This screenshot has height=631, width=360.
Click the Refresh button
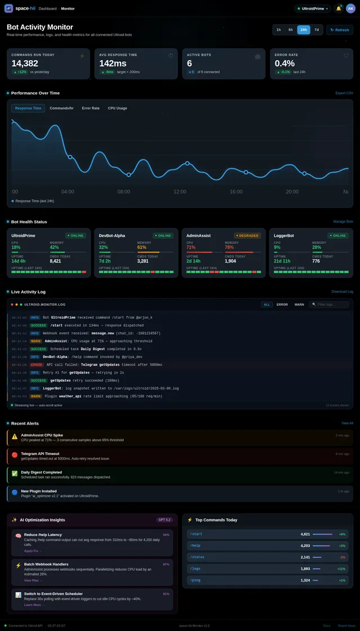[340, 30]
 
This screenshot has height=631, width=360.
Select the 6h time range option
[291, 30]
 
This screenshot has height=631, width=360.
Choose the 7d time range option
[317, 30]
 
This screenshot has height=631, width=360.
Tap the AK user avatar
[350, 8]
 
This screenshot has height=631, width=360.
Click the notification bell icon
[338, 8]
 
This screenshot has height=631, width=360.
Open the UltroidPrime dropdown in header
[313, 8]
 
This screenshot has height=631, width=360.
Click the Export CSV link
[344, 93]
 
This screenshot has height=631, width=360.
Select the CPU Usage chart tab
[118, 108]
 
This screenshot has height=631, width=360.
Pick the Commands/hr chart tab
[61, 108]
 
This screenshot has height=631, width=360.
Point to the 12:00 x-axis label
[179, 192]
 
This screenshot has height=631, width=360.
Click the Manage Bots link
[343, 222]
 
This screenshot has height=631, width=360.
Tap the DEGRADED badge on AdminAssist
[247, 236]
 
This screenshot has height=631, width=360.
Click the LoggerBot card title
[284, 236]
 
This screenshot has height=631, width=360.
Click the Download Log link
[343, 291]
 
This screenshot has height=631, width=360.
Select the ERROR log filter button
[282, 304]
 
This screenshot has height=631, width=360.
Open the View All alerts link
[347, 423]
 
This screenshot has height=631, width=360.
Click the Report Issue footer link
[346, 625]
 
